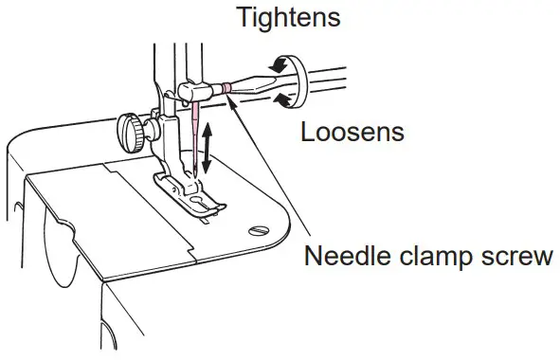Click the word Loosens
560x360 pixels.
(x=352, y=131)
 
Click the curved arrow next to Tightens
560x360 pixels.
(x=280, y=63)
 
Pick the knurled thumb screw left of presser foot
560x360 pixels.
(x=130, y=126)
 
